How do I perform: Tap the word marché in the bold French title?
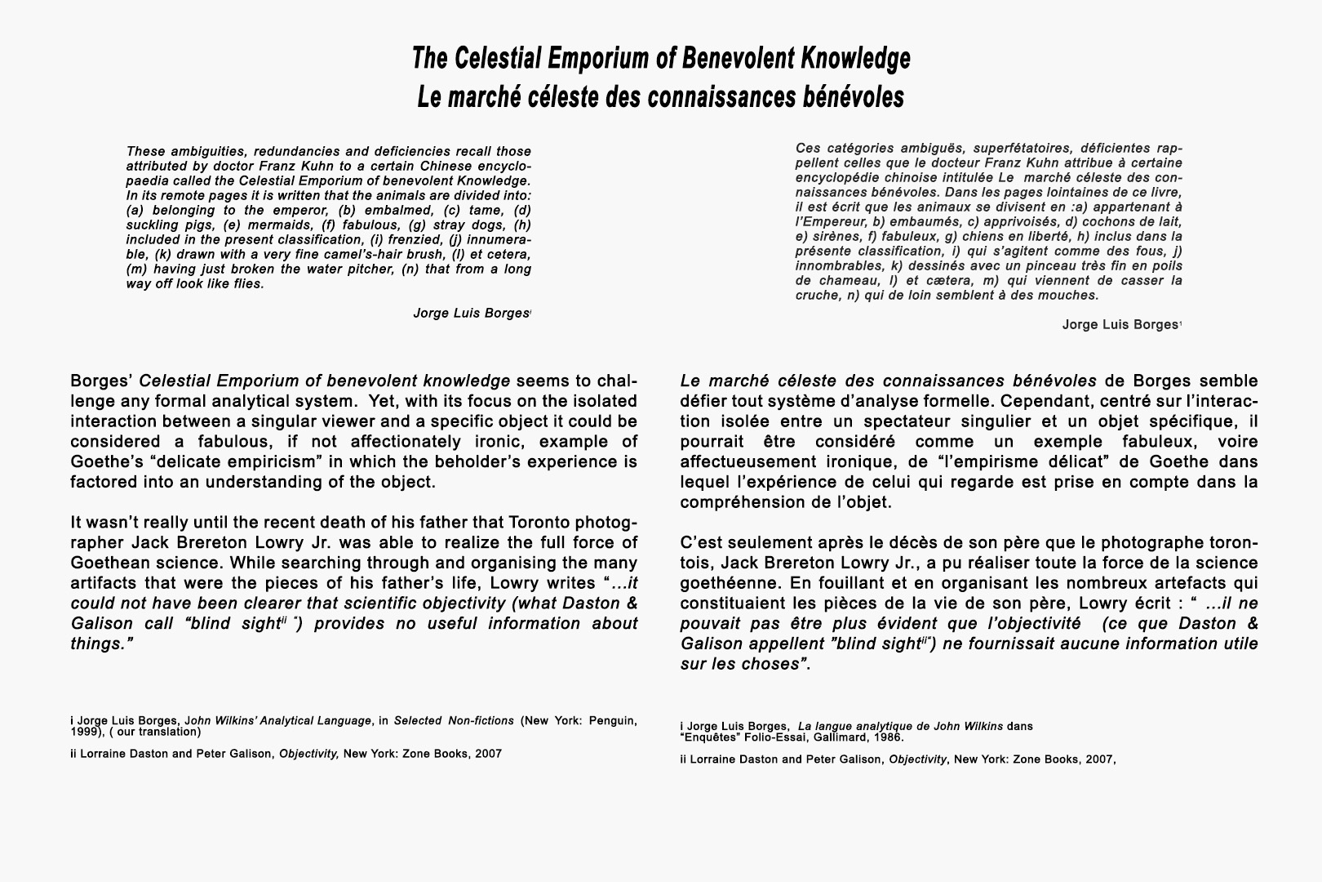pos(487,96)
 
